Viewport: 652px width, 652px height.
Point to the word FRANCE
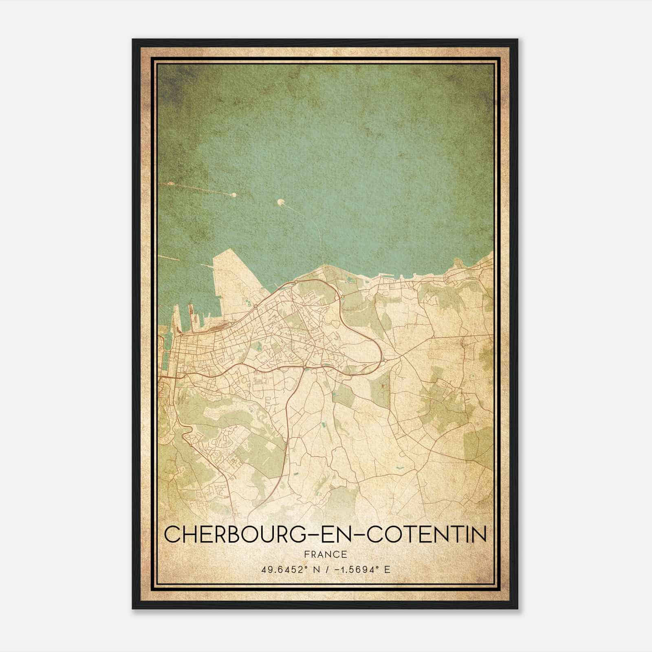click(326, 554)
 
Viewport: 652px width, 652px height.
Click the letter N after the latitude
click(313, 569)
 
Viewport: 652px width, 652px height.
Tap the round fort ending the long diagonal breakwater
click(234, 196)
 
